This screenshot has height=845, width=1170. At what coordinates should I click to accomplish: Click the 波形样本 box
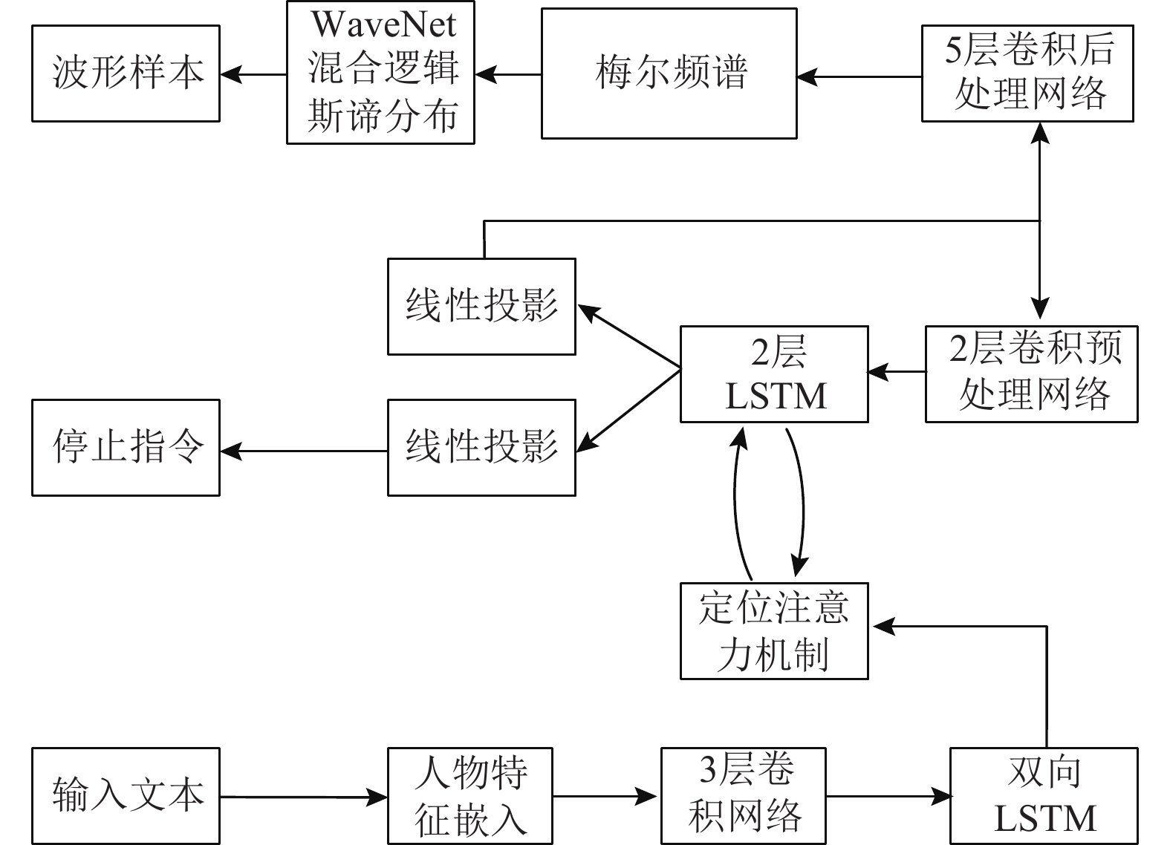(x=126, y=74)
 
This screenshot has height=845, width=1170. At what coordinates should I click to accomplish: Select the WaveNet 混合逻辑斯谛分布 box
(x=380, y=72)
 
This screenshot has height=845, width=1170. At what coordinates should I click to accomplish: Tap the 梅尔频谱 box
(x=669, y=74)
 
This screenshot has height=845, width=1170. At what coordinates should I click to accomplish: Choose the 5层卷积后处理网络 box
(x=1027, y=74)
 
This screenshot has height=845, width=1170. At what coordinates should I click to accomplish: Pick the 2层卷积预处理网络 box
(x=1031, y=373)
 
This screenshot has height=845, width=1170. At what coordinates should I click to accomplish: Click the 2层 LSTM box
(x=774, y=373)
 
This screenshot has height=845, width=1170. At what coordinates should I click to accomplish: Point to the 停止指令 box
(x=126, y=447)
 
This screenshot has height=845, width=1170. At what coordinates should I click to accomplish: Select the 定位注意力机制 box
(x=774, y=630)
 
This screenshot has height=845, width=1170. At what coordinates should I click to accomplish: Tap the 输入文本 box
(x=126, y=796)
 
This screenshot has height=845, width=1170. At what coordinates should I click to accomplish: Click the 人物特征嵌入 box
(x=469, y=796)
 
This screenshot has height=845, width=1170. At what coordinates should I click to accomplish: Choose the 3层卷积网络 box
(x=744, y=796)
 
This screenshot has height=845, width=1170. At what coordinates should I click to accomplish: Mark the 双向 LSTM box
(x=1043, y=796)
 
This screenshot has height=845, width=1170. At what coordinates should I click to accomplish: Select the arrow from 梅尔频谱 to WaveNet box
(x=508, y=74)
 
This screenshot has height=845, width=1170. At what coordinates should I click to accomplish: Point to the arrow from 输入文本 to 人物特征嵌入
(x=303, y=797)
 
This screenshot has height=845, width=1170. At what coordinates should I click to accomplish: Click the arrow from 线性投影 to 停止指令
(x=303, y=450)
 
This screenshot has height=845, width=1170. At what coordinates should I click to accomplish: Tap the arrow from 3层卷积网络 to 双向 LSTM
(x=888, y=797)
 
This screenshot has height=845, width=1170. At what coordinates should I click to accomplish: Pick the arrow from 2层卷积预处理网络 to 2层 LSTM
(x=897, y=371)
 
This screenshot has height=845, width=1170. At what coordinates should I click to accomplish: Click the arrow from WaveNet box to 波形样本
(x=253, y=74)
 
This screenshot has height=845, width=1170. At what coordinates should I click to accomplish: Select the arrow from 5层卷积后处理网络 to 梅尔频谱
(x=859, y=76)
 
